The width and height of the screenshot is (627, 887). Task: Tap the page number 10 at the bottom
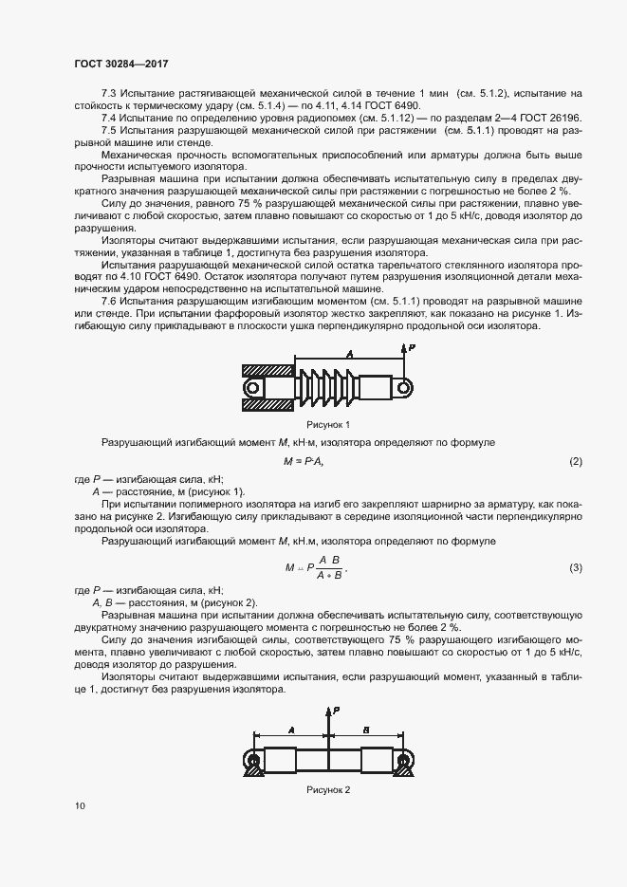[80, 805]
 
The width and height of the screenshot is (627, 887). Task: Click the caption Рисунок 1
[328, 423]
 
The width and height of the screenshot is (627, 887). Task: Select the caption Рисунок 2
[328, 789]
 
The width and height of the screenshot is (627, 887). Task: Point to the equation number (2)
[575, 461]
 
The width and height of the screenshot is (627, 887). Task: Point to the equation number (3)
[575, 567]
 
